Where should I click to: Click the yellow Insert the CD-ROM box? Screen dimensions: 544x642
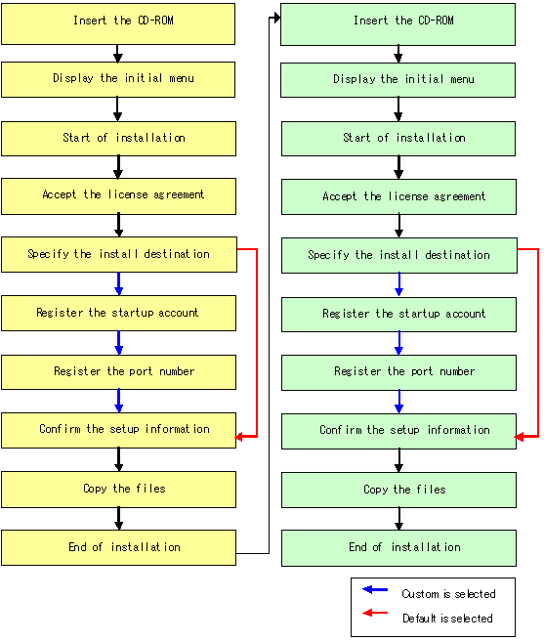click(x=118, y=23)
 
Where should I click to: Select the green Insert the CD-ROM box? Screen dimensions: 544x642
click(x=398, y=24)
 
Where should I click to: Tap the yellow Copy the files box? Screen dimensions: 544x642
click(x=119, y=490)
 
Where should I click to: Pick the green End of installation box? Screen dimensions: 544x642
click(x=398, y=548)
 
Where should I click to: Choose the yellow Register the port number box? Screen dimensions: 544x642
click(x=119, y=371)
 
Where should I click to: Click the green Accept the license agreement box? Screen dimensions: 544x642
click(x=398, y=196)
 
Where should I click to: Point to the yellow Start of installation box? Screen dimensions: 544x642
click(x=119, y=139)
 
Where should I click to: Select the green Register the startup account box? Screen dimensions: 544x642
click(x=398, y=315)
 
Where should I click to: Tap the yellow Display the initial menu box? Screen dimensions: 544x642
click(x=118, y=79)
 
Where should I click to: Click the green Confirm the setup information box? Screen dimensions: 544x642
click(x=398, y=431)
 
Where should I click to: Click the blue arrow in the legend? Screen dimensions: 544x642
click(x=375, y=589)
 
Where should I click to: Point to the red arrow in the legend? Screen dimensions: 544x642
click(x=375, y=613)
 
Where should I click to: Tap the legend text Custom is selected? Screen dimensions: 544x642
click(x=448, y=594)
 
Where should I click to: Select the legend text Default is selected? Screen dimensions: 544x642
click(x=447, y=618)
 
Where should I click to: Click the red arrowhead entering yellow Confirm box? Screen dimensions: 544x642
click(x=240, y=437)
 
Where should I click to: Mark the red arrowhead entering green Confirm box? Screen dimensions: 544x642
click(x=520, y=437)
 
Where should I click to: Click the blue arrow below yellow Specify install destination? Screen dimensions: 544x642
click(x=119, y=283)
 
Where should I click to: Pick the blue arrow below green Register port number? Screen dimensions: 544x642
click(x=398, y=402)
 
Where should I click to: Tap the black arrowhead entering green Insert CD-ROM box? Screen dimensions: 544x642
click(x=277, y=18)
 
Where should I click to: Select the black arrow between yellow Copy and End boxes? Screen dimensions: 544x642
click(x=119, y=519)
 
